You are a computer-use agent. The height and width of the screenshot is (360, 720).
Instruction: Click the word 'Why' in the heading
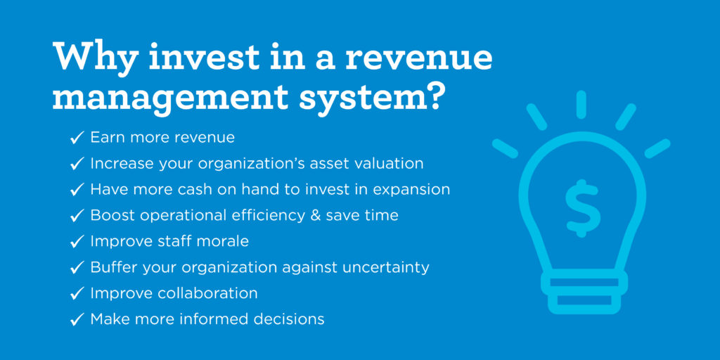[x=92, y=56]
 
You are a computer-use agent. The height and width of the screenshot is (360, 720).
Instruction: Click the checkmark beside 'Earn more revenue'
[x=77, y=138]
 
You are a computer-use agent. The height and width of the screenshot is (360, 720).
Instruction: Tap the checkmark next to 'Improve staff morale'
[x=77, y=241]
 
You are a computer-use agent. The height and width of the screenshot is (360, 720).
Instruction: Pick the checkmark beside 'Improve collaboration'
[x=77, y=293]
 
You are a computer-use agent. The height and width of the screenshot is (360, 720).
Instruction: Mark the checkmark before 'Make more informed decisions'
[x=77, y=319]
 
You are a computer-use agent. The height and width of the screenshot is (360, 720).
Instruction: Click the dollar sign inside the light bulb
[x=583, y=208]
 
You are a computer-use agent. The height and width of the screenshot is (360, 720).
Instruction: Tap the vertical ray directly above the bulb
[x=581, y=105]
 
